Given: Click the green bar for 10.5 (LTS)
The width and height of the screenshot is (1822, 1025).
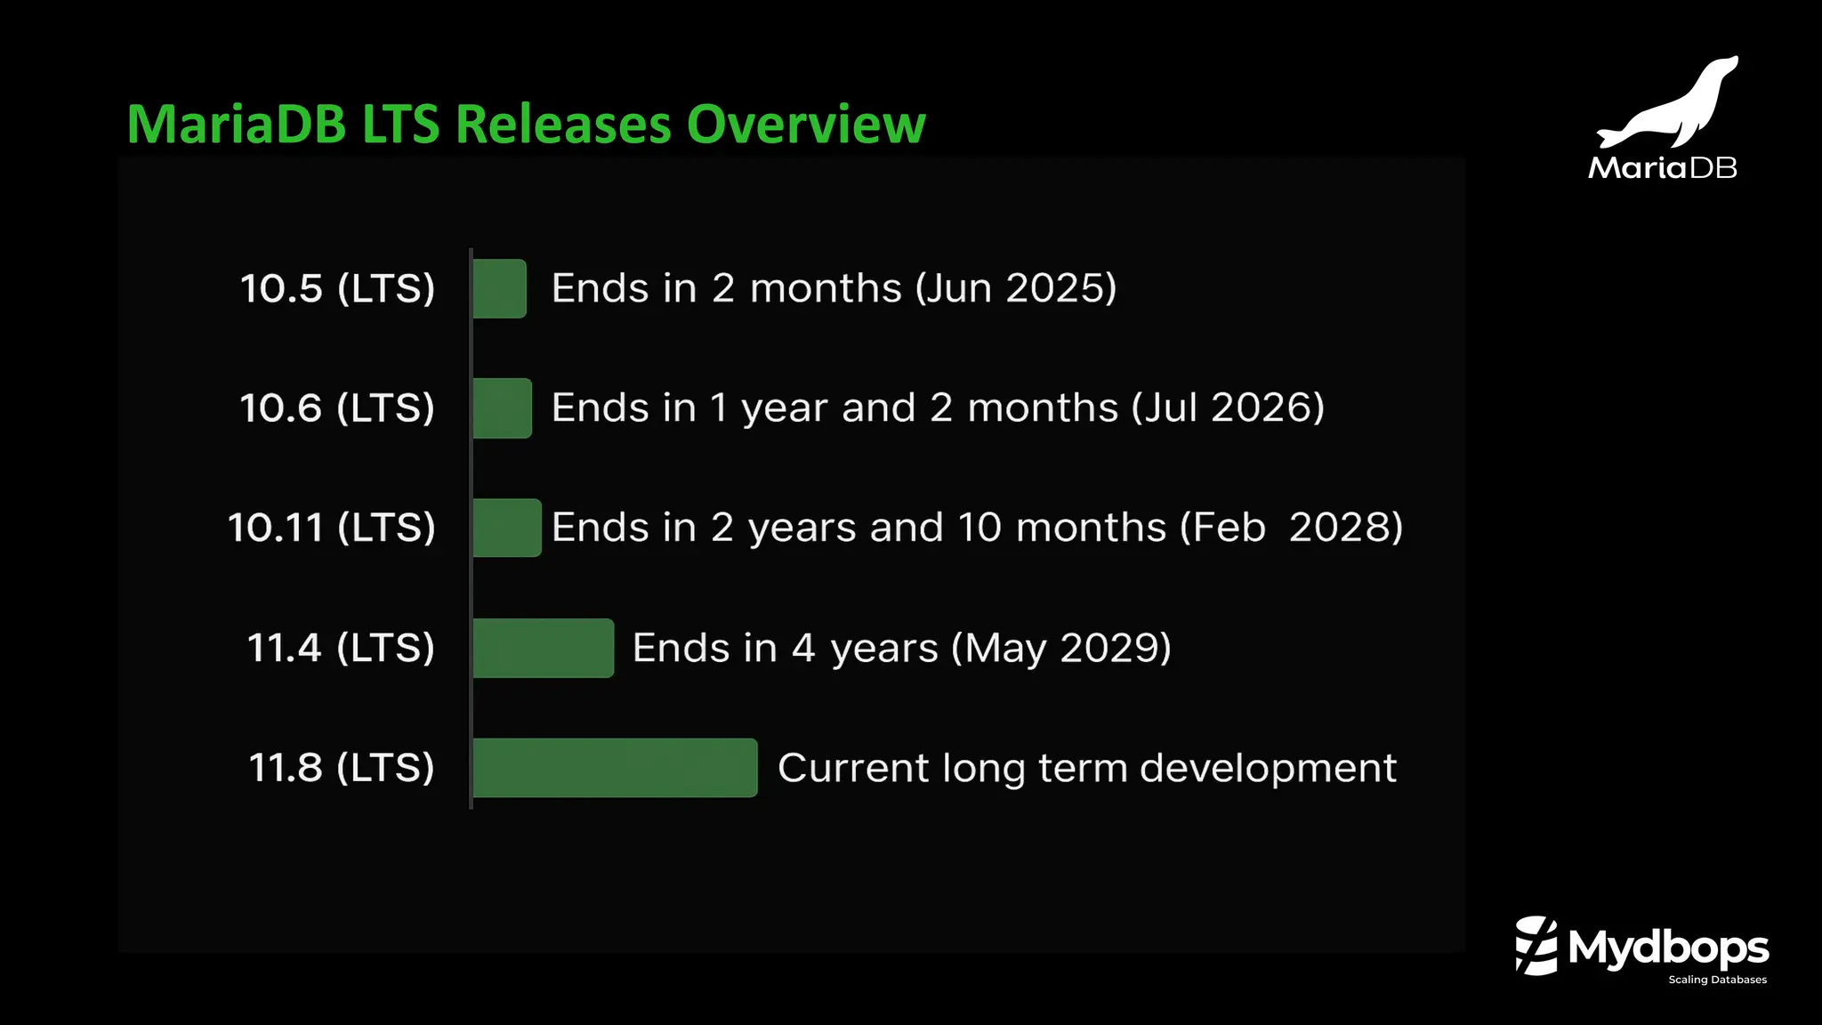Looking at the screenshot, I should coord(499,288).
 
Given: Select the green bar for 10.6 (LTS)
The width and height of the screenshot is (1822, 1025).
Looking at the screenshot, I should coord(502,408).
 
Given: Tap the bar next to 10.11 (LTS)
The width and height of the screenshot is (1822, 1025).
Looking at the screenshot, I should coord(506,528).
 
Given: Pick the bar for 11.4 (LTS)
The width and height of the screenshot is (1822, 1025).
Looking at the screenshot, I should coord(543,648).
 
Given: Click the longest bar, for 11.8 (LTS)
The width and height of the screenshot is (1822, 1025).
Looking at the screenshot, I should coord(615,768).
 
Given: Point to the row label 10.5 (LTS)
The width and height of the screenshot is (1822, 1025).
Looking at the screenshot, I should coord(337,288).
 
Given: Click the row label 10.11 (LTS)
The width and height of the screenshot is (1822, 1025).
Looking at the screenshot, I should coord(331,528).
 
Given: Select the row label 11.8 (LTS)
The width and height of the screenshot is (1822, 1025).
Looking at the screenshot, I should coord(341,768).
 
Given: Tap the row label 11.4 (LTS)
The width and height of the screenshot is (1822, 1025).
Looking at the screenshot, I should coord(340,648).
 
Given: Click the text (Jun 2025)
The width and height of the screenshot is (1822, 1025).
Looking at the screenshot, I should coord(1016,288).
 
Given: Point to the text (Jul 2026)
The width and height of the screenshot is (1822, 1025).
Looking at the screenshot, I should coord(1228,408).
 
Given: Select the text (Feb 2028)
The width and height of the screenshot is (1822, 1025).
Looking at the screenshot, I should coord(1291,528).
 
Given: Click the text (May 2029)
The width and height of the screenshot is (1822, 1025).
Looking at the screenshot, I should coord(1060,648).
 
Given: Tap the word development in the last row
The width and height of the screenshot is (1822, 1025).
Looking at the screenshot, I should coord(1268,768).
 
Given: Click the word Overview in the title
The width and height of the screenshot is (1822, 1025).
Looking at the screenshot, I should coord(806,124).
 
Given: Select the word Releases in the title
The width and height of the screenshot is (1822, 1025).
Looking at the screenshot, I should coord(563,124).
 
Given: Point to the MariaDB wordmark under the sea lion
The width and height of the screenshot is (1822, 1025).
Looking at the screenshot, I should coord(1662,167).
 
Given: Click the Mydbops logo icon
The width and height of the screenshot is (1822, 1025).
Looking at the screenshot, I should coord(1536,946).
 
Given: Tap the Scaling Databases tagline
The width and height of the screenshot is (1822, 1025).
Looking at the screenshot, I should coord(1717,980).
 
